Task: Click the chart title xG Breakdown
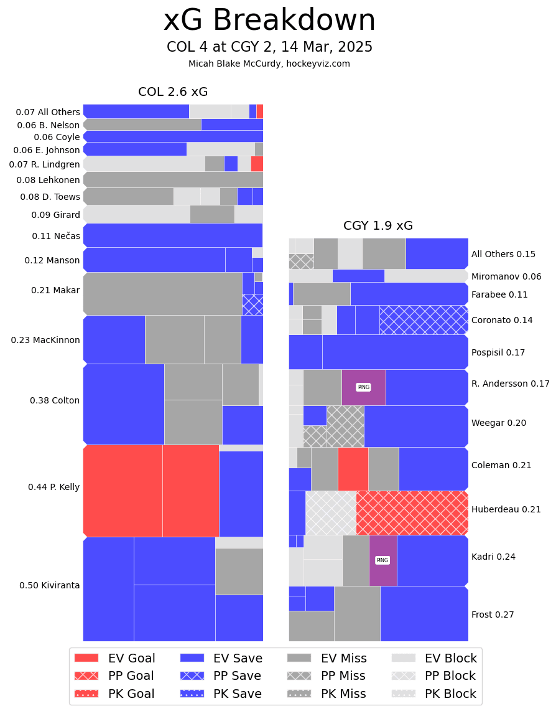tap(269, 21)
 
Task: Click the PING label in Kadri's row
tap(382, 560)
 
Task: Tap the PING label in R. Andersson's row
tap(363, 387)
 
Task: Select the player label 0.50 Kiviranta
tap(49, 585)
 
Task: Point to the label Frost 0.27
tap(493, 614)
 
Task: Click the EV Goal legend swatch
tap(86, 658)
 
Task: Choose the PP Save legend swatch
tap(192, 676)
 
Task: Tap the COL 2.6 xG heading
tap(173, 92)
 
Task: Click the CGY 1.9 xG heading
tap(378, 226)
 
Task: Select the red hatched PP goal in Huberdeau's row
tap(412, 513)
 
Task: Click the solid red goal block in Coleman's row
tap(353, 469)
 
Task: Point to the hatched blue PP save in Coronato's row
tap(424, 319)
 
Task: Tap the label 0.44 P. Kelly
tap(53, 487)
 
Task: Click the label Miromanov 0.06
tap(506, 276)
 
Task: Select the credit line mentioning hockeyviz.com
tap(269, 64)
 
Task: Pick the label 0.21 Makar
tap(55, 290)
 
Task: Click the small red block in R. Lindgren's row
tap(257, 164)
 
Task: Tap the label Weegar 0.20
tap(499, 423)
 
